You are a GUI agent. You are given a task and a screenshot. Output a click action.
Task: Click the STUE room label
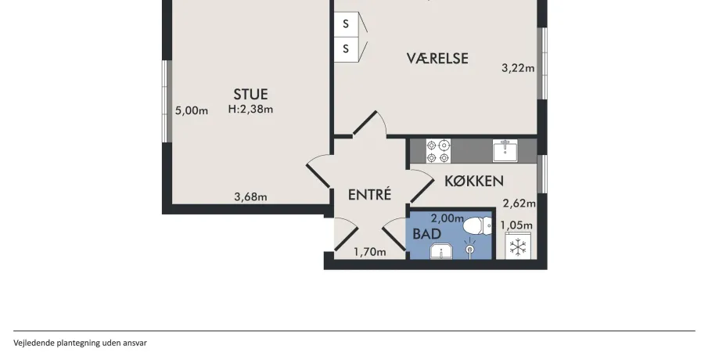pyautogui.click(x=250, y=94)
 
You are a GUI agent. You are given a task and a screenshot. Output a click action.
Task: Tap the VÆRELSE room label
pyautogui.click(x=437, y=58)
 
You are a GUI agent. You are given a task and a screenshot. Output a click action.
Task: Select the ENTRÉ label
pyautogui.click(x=369, y=194)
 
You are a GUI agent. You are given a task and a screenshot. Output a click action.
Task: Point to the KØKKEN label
pyautogui.click(x=474, y=181)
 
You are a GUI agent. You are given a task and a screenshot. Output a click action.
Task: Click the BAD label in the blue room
pyautogui.click(x=426, y=234)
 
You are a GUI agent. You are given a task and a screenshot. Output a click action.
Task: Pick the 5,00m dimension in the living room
pyautogui.click(x=192, y=110)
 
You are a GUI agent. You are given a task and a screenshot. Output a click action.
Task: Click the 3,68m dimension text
pyautogui.click(x=250, y=197)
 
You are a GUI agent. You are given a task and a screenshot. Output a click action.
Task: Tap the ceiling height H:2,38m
pyautogui.click(x=250, y=109)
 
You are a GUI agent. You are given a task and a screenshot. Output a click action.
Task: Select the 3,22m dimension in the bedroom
pyautogui.click(x=518, y=68)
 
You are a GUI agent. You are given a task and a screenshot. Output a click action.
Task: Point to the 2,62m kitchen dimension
pyautogui.click(x=519, y=203)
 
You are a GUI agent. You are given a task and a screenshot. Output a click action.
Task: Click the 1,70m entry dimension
pyautogui.click(x=370, y=252)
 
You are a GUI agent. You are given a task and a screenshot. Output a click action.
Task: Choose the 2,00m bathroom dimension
pyautogui.click(x=447, y=218)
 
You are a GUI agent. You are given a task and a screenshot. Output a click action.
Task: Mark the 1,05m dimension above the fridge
pyautogui.click(x=516, y=225)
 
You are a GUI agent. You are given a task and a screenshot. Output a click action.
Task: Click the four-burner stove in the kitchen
pyautogui.click(x=438, y=151)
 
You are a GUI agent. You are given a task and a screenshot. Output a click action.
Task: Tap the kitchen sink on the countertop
pyautogui.click(x=505, y=150)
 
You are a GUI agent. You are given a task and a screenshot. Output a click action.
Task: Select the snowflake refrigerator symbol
pyautogui.click(x=518, y=247)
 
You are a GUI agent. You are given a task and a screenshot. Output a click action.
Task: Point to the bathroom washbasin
pyautogui.click(x=440, y=251)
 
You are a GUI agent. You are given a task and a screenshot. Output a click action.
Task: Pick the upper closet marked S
pyautogui.click(x=347, y=24)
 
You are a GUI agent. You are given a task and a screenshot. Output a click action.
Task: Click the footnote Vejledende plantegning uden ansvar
pyautogui.click(x=80, y=343)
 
